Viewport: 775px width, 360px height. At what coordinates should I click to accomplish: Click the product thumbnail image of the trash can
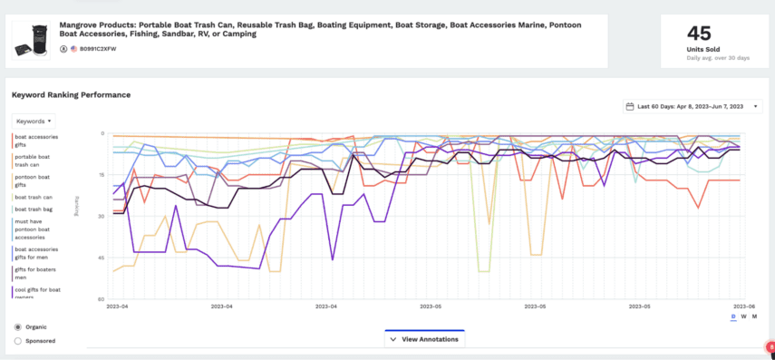(34, 40)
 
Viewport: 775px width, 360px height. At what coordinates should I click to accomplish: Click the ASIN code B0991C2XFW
(99, 48)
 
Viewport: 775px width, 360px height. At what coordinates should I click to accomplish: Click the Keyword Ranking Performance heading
(71, 94)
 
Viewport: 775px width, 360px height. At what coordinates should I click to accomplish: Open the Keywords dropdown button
(34, 121)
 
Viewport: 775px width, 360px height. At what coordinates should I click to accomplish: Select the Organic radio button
(19, 326)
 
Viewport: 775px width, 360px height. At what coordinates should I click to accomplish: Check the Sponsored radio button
(19, 341)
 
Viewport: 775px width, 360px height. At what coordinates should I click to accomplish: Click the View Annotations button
(424, 339)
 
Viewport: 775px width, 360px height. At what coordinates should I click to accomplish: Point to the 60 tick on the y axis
(101, 298)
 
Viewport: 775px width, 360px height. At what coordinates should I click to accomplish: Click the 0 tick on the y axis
(102, 134)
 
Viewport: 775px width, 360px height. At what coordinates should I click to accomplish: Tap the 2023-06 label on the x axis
(743, 306)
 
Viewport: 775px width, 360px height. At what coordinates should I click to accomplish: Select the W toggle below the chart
(744, 316)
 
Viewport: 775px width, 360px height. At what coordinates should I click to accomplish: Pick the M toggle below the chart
(754, 316)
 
